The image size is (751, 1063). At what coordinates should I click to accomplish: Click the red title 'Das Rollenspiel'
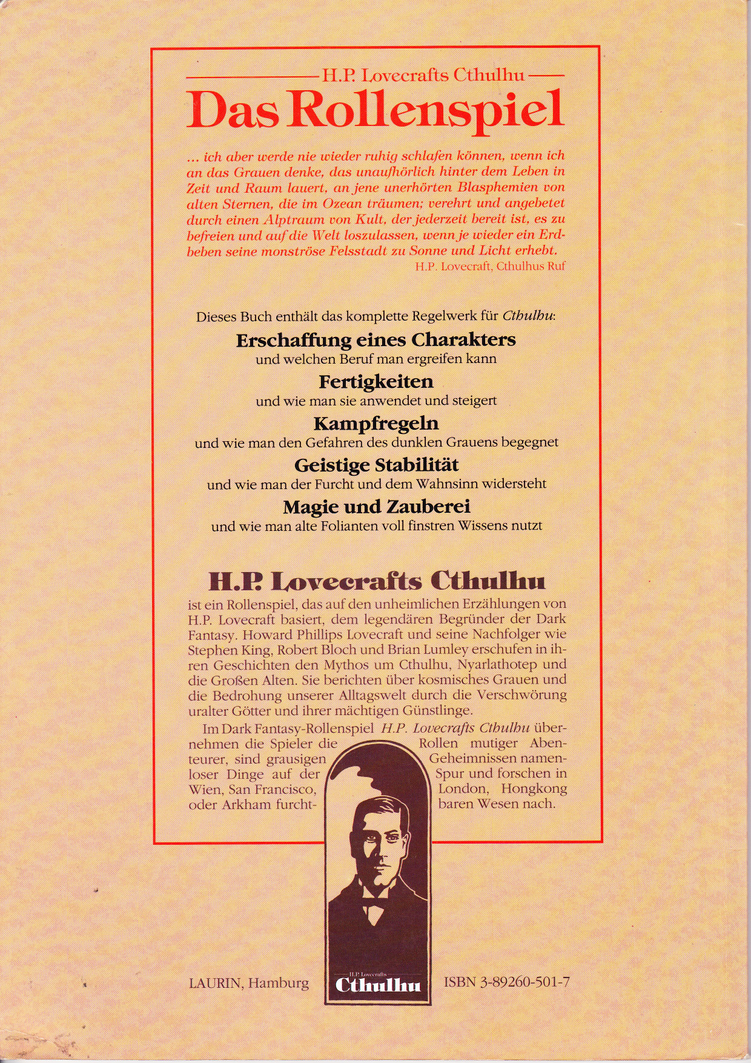pyautogui.click(x=375, y=111)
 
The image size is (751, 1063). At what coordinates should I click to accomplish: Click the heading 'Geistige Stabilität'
pyautogui.click(x=375, y=465)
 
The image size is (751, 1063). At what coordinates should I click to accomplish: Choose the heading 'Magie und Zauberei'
pyautogui.click(x=375, y=506)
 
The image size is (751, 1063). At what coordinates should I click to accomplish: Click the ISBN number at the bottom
pyautogui.click(x=507, y=982)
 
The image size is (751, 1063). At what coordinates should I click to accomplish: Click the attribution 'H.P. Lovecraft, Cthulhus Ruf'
pyautogui.click(x=491, y=265)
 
